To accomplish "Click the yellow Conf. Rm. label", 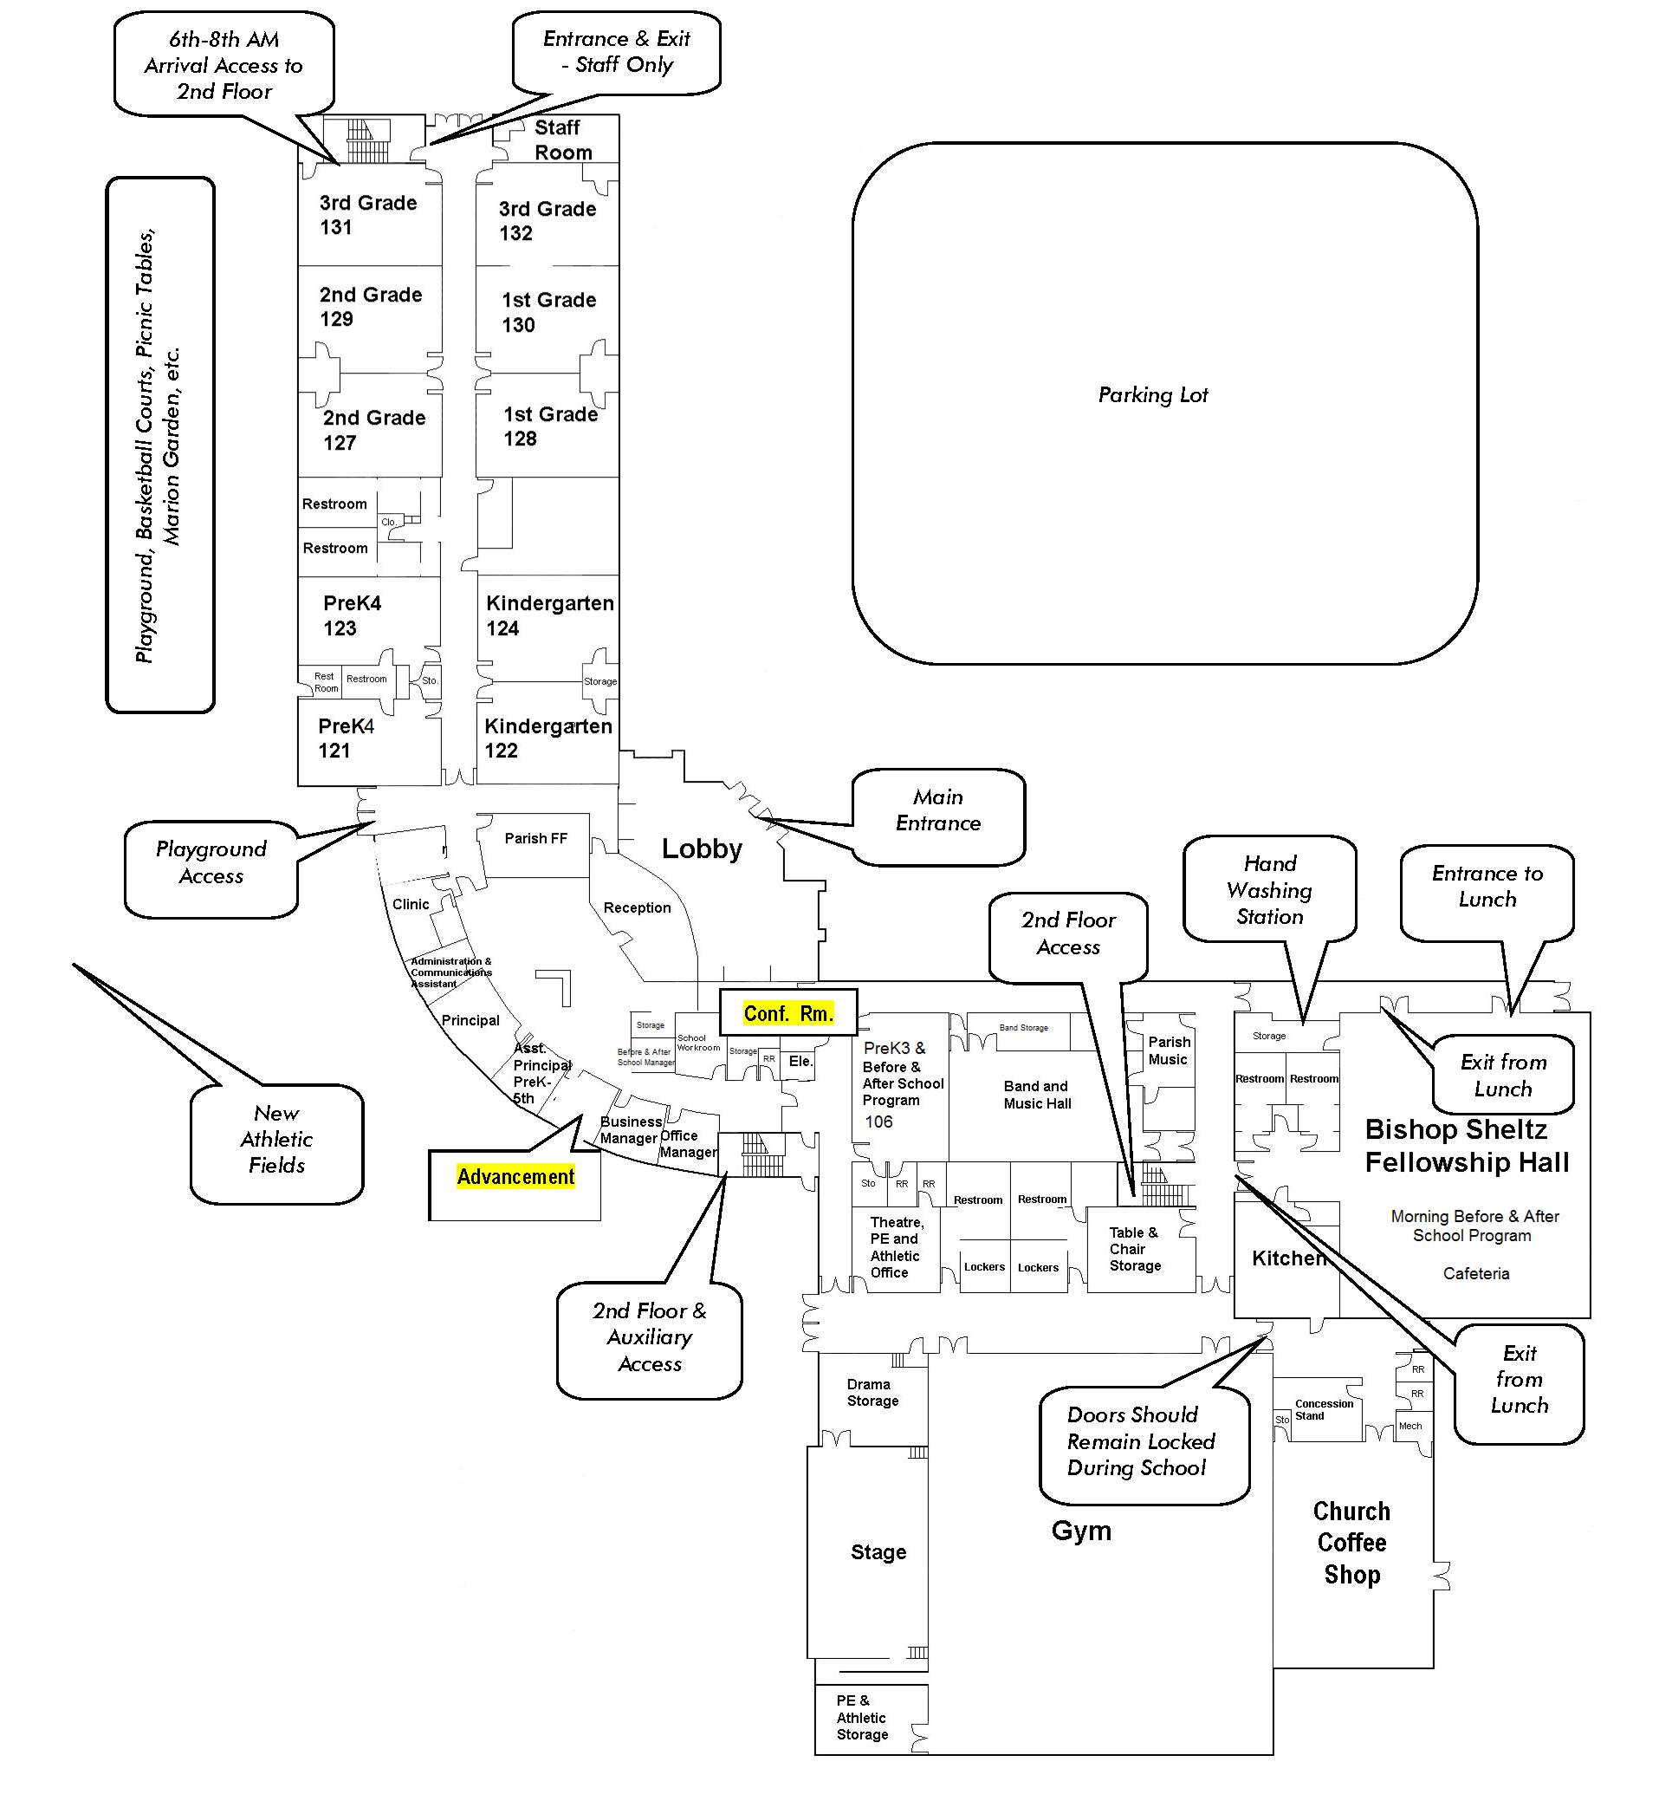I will click(x=788, y=1014).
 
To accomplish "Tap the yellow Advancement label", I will click(x=515, y=1176).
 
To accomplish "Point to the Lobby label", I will click(x=701, y=848).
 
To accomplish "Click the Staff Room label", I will click(x=562, y=140).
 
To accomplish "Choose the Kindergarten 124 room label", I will click(x=549, y=615).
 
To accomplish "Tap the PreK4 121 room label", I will click(x=346, y=738).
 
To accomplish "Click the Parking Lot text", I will click(x=1153, y=394).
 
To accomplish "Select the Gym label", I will click(x=1080, y=1531).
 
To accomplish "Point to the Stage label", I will click(x=878, y=1552).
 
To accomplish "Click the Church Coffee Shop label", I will click(x=1351, y=1542).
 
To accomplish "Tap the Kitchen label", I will click(x=1288, y=1258).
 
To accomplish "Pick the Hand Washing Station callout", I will click(x=1269, y=889).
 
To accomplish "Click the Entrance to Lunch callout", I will click(x=1487, y=886).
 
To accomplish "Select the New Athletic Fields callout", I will click(x=276, y=1140).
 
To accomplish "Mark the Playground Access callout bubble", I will click(x=211, y=862).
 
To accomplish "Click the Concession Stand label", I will click(x=1323, y=1410).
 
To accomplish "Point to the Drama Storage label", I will click(x=872, y=1393).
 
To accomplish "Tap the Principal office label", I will click(x=470, y=1021).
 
